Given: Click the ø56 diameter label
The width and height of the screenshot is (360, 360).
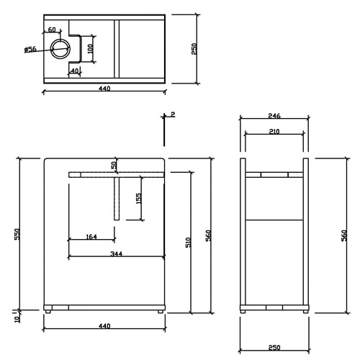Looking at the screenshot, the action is point(30,50).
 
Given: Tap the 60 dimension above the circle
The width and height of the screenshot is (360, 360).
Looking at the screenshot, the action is point(52,30).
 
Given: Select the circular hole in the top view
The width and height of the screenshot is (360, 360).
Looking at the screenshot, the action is point(60,49).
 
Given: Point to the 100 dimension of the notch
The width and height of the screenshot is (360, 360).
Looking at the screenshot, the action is point(90,49).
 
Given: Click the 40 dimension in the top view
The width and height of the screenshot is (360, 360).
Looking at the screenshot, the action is point(75,71).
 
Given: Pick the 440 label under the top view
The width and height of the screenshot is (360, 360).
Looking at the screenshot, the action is point(104,89).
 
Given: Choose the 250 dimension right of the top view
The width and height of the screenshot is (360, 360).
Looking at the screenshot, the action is point(194,49).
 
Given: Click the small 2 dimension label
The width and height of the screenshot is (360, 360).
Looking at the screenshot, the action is point(173,114).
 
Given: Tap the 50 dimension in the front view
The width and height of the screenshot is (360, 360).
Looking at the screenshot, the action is point(114,165).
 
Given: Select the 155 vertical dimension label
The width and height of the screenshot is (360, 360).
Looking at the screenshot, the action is point(139,199).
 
